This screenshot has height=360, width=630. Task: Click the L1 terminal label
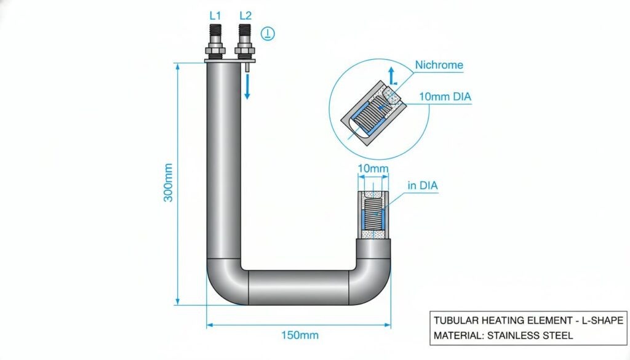tap(215, 15)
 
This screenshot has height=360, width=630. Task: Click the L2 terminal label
tap(245, 15)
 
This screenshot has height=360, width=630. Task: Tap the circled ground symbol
tap(268, 33)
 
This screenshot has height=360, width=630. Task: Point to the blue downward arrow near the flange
tap(247, 86)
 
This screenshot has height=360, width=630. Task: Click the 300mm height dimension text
tap(168, 182)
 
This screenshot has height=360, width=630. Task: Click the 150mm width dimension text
tap(300, 335)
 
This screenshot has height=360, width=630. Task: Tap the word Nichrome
tap(439, 65)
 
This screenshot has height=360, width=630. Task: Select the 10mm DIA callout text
tap(445, 97)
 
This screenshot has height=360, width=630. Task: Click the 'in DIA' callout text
tap(422, 186)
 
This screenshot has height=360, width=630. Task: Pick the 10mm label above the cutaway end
tap(373, 169)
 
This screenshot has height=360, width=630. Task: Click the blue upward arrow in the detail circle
tap(392, 76)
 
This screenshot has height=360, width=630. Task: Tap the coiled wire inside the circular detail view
tap(372, 114)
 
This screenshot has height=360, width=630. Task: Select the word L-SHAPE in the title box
tap(605, 320)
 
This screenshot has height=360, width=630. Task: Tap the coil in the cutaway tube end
tap(373, 215)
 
